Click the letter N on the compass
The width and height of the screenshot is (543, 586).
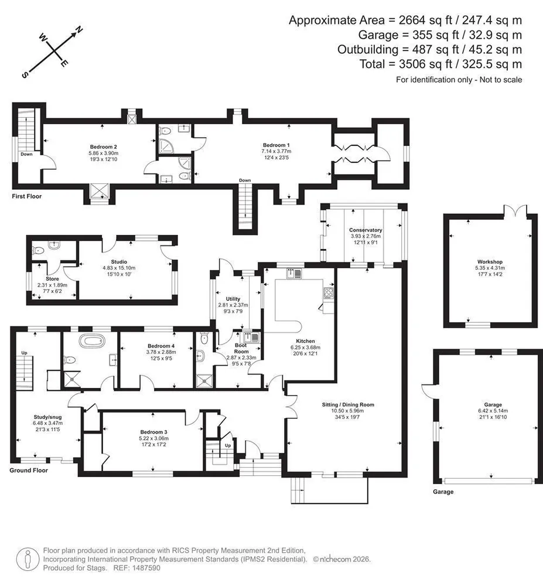(79, 30)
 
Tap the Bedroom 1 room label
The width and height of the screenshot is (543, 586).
(276, 145)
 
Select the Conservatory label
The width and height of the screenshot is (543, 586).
(366, 230)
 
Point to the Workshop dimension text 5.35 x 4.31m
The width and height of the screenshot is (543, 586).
(490, 268)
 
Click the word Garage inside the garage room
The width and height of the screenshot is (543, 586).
(493, 404)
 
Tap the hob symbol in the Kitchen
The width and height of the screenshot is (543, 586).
(328, 293)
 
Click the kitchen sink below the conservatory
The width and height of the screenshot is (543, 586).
(294, 274)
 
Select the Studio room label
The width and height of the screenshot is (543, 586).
(119, 261)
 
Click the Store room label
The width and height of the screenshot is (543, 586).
(52, 279)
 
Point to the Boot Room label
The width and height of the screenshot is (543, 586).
(241, 348)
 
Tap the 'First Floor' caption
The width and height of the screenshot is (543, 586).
(26, 196)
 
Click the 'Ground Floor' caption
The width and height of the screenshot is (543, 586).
(29, 470)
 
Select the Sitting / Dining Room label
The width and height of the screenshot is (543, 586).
(348, 404)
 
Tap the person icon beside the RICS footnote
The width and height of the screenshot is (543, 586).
(28, 559)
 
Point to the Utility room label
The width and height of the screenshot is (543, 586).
(233, 299)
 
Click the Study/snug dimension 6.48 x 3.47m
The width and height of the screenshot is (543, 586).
(47, 423)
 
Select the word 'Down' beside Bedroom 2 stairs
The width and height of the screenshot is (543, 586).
(26, 154)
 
